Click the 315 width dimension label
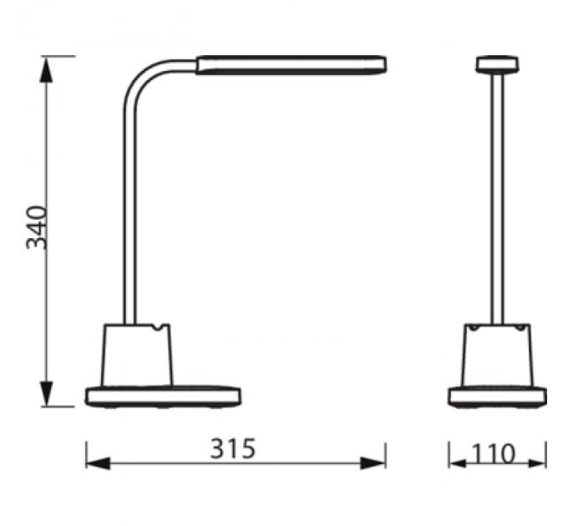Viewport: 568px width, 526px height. pos(232,448)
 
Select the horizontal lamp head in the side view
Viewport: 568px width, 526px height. pos(291,65)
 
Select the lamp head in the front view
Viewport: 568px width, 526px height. pos(496,63)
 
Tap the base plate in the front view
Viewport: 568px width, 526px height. pos(497,396)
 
